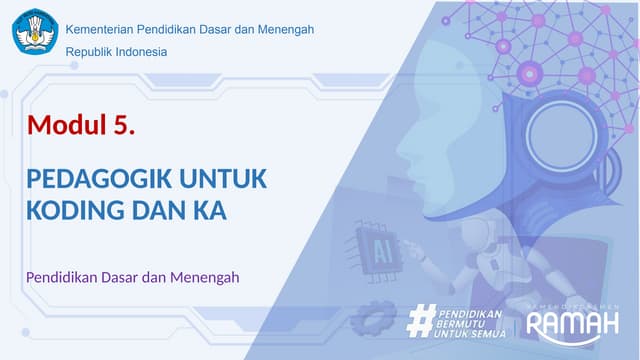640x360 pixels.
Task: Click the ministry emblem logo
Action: pyautogui.click(x=35, y=31)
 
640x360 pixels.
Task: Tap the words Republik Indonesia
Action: pyautogui.click(x=116, y=52)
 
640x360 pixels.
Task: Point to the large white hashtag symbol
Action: pyautogui.click(x=420, y=321)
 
